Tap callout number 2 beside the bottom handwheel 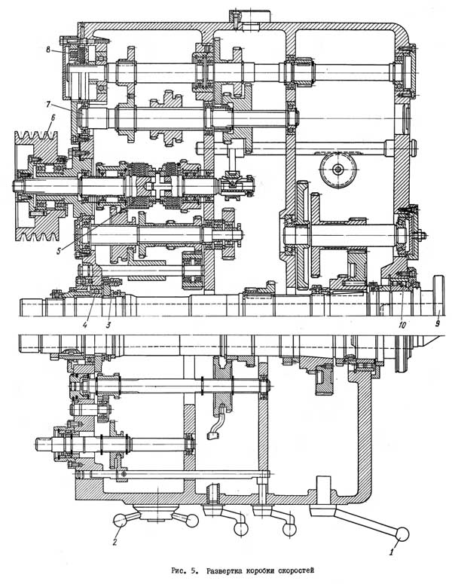[116, 540]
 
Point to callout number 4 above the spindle [87, 325]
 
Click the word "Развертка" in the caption [223, 570]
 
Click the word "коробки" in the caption [267, 570]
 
